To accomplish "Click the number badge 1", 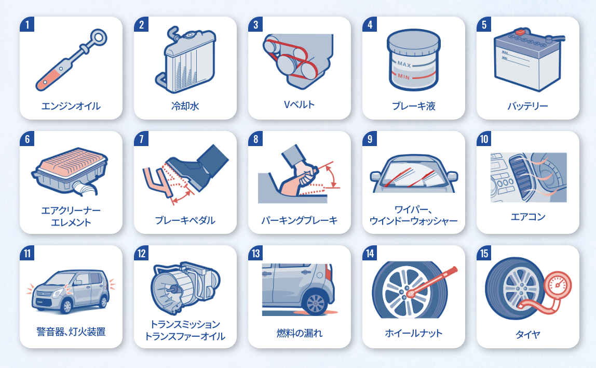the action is point(27,24).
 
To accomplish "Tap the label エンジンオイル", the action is point(71,106).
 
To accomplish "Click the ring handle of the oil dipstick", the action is point(99,38).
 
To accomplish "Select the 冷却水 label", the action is point(185,106).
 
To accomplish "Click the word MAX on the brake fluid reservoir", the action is point(404,64).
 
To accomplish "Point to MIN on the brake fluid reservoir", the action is point(404,76).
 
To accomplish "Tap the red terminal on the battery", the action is point(520,32).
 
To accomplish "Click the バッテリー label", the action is point(527,106).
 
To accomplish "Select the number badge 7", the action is point(141,139).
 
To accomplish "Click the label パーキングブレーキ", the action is point(300,220).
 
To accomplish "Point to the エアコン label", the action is point(527,217).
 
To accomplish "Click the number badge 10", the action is point(484,139).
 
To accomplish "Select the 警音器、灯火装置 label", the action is point(71,332).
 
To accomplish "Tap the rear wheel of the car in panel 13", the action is point(316,303).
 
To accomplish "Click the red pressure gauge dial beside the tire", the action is point(558,285).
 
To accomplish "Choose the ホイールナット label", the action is point(414,333).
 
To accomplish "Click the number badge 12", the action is point(141,253).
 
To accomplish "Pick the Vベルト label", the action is point(299,104).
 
